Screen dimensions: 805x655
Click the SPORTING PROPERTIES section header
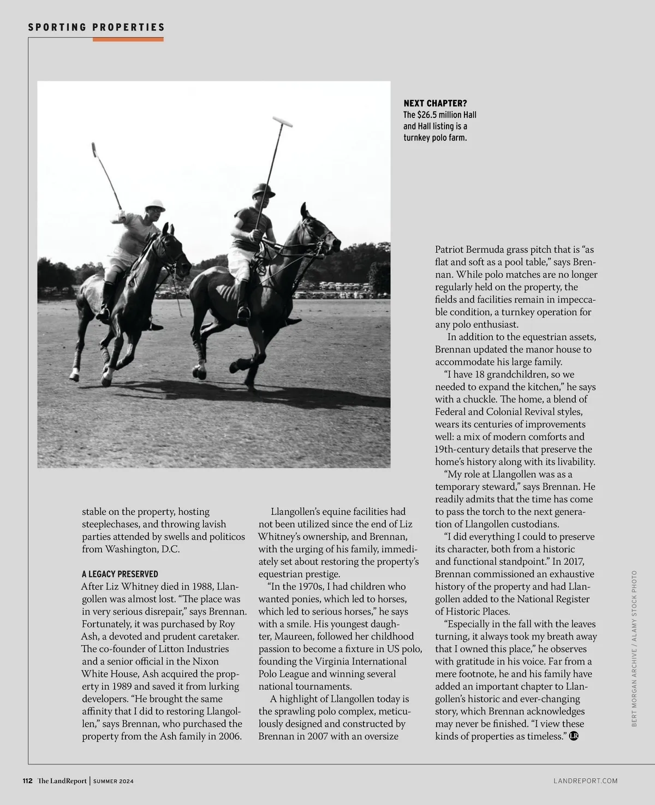pyautogui.click(x=96, y=27)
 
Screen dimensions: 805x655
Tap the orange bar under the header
pyautogui.click(x=128, y=39)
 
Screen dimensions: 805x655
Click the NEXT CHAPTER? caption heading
pyautogui.click(x=435, y=103)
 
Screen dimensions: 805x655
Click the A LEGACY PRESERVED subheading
pyautogui.click(x=120, y=574)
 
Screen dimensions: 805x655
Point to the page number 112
pyautogui.click(x=28, y=781)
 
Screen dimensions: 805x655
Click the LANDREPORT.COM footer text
pyautogui.click(x=586, y=781)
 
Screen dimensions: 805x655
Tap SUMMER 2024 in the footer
pyautogui.click(x=114, y=782)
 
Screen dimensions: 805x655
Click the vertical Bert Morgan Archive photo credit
pyautogui.click(x=634, y=648)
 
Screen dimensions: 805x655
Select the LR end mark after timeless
pyautogui.click(x=574, y=736)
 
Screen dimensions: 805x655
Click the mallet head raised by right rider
pyautogui.click(x=282, y=121)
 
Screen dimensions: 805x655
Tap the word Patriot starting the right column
pyautogui.click(x=451, y=250)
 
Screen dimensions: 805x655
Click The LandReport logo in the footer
pyautogui.click(x=62, y=781)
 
